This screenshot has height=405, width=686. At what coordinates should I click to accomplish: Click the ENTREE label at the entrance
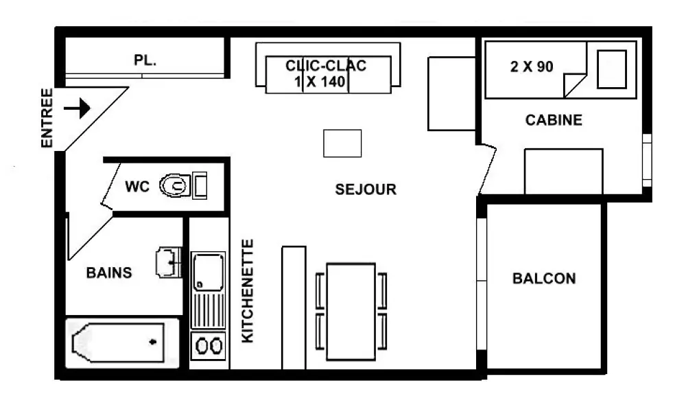[x=47, y=118]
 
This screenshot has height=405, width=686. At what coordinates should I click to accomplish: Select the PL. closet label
[x=145, y=60]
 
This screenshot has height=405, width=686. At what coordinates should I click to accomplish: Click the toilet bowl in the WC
[x=174, y=185]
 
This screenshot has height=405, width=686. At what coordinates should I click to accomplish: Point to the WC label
[x=137, y=187]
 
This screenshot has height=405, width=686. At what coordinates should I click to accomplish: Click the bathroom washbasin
[x=169, y=263]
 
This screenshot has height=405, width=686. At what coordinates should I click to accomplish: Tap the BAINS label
[x=109, y=273]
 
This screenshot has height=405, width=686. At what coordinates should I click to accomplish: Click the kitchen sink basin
[x=209, y=271]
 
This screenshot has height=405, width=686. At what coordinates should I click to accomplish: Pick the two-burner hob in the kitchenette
[x=209, y=346]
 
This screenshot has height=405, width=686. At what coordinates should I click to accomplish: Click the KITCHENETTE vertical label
[x=248, y=291]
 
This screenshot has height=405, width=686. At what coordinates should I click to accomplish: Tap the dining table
[x=351, y=312]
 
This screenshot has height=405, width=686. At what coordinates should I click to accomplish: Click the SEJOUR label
[x=366, y=189]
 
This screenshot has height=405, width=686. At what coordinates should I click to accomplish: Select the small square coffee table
[x=342, y=143]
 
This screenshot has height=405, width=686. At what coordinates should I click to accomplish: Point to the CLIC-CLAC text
[x=326, y=66]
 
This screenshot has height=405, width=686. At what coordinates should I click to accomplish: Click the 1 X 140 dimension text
[x=320, y=82]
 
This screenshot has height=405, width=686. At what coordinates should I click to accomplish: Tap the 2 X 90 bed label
[x=532, y=67]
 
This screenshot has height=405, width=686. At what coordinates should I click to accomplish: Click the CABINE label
[x=554, y=120]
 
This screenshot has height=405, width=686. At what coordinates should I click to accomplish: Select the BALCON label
[x=544, y=279]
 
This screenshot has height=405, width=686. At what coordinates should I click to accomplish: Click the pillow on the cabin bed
[x=612, y=69]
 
